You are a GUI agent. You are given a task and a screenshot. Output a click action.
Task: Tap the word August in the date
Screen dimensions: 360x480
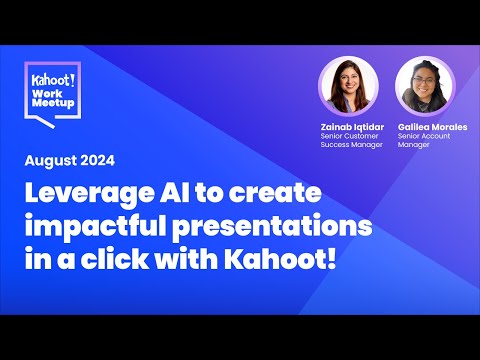55,160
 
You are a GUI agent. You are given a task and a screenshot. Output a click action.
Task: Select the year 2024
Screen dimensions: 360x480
98,160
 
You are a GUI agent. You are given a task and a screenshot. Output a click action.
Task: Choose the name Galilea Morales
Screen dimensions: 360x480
431,127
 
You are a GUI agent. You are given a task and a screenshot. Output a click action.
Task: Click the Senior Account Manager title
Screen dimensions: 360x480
425,143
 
